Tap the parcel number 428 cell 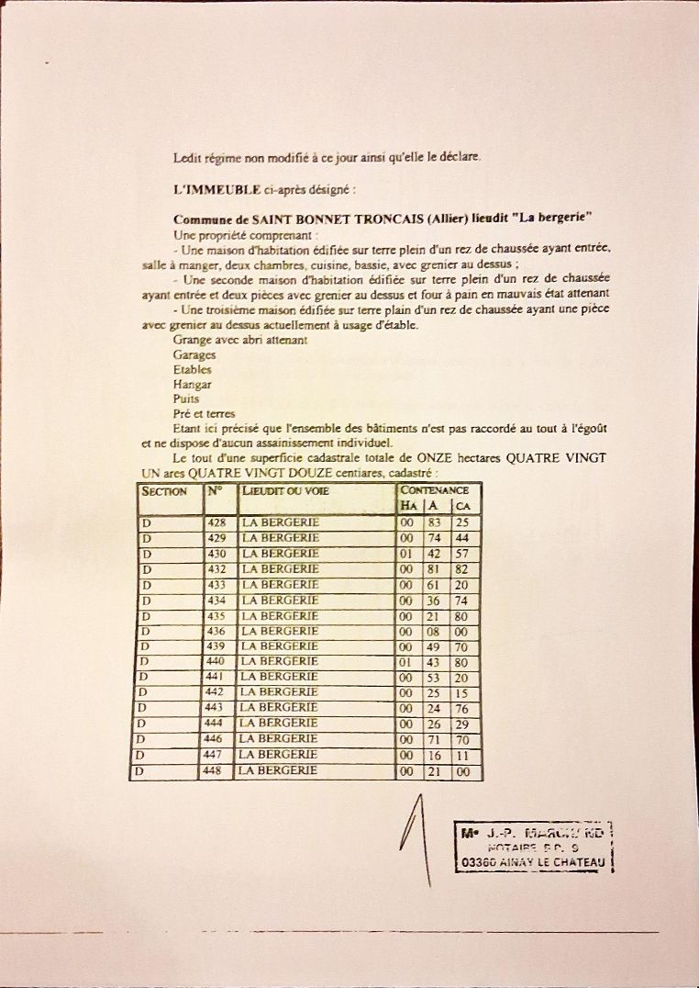point(217,522)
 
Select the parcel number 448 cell point(216,771)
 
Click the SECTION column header point(164,491)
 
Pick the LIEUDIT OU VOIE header point(285,491)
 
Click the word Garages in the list point(194,354)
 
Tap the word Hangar point(192,385)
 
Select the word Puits point(186,399)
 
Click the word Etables point(193,370)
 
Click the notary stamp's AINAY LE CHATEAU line point(532,863)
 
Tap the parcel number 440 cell point(216,662)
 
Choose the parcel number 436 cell point(216,631)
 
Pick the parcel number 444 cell point(216,724)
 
